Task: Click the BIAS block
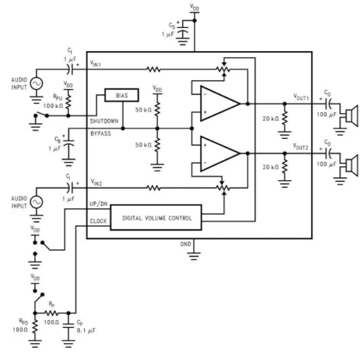tap(122, 95)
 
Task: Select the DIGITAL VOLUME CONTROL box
tap(156, 217)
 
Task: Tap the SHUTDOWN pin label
tap(104, 121)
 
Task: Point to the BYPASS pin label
tap(100, 134)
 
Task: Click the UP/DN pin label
tap(98, 203)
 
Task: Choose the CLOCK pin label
tap(98, 221)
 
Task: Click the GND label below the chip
tap(185, 244)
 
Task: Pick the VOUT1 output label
tap(301, 97)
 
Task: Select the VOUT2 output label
tap(301, 146)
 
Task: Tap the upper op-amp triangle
tap(219, 104)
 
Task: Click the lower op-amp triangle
tap(219, 153)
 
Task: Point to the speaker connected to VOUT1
tap(352, 116)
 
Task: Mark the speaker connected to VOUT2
tap(352, 165)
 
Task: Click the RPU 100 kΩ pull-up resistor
tap(68, 102)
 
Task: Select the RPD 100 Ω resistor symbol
tap(35, 327)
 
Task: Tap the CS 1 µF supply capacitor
tap(183, 31)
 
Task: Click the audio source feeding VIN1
tap(37, 83)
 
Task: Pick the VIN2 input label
tap(96, 183)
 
